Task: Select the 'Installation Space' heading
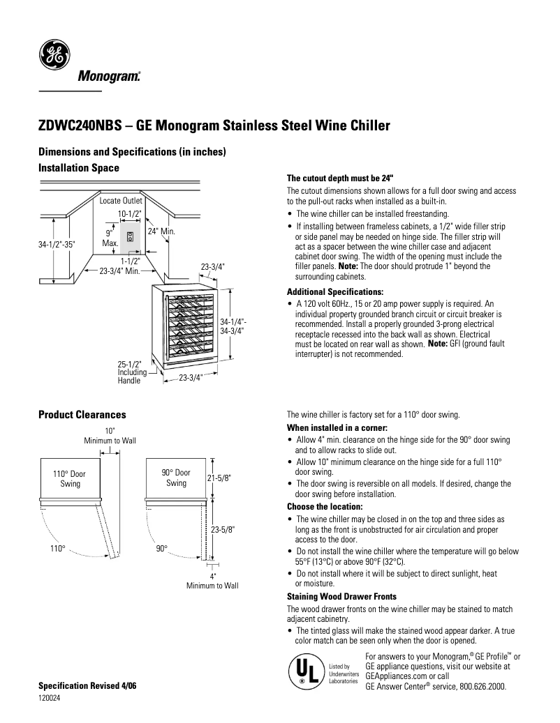[78, 168]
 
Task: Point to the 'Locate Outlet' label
[121, 201]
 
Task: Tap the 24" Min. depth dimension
[161, 231]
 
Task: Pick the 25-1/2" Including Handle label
[130, 373]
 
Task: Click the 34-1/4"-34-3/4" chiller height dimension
[233, 326]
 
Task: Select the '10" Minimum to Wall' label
[110, 436]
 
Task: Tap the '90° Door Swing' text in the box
[176, 478]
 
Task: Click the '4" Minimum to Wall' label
[212, 581]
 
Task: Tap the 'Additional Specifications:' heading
[336, 291]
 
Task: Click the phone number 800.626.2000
[482, 687]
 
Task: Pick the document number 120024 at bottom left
[50, 699]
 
